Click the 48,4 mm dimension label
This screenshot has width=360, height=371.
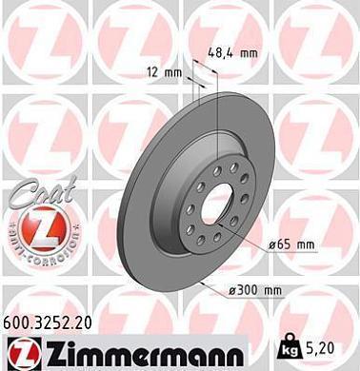pos(233,53)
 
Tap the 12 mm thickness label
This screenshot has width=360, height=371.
pos(168,72)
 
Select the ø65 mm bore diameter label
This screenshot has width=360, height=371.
pos(291,244)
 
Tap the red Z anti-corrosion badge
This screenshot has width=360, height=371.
pos(34,231)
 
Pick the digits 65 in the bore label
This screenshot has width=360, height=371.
pos(284,244)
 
